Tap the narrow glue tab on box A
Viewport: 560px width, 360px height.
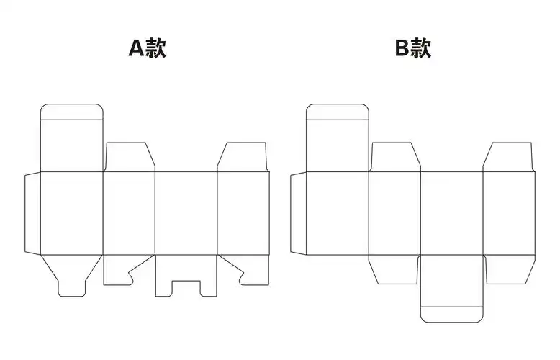click(32, 213)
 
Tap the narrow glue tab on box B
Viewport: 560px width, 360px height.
click(298, 213)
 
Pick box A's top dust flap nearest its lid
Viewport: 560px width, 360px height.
click(130, 158)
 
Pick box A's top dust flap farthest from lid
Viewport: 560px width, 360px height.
click(243, 158)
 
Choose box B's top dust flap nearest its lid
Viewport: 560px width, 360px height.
click(395, 158)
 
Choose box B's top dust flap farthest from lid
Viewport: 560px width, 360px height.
click(509, 158)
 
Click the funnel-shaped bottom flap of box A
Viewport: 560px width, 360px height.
click(71, 274)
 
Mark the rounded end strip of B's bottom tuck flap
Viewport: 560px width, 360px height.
click(452, 314)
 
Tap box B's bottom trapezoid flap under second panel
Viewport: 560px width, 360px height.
click(394, 268)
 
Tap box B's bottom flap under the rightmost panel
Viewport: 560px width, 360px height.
click(509, 268)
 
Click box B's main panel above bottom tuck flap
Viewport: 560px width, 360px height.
click(452, 213)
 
